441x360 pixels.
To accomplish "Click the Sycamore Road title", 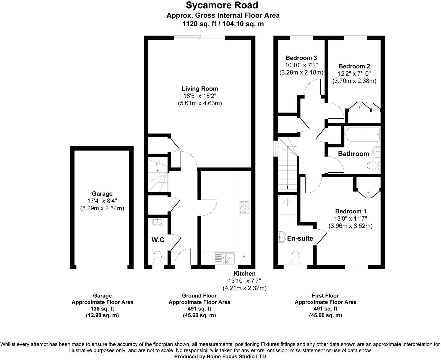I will [x=223, y=5].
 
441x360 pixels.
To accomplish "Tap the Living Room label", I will [x=200, y=89].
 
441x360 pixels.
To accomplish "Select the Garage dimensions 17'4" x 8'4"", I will [x=102, y=201].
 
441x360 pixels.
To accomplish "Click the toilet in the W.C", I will [x=158, y=257].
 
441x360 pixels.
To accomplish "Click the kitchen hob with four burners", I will [x=244, y=207].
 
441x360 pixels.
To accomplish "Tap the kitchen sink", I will [x=224, y=258].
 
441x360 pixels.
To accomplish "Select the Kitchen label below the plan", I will [x=245, y=273].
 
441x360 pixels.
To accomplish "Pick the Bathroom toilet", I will [x=373, y=166].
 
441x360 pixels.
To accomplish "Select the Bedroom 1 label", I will [x=351, y=211].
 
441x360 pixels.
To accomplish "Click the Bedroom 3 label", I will [x=301, y=58].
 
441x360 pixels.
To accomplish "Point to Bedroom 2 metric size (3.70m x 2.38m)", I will [x=354, y=81].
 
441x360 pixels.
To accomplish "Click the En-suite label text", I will [x=300, y=238].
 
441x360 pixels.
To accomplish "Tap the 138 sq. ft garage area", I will [x=102, y=309].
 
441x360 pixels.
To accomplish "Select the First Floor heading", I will [x=325, y=296].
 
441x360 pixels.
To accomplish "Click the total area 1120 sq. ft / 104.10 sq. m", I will [x=223, y=24].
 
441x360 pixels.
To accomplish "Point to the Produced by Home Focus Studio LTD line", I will [x=220, y=357].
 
